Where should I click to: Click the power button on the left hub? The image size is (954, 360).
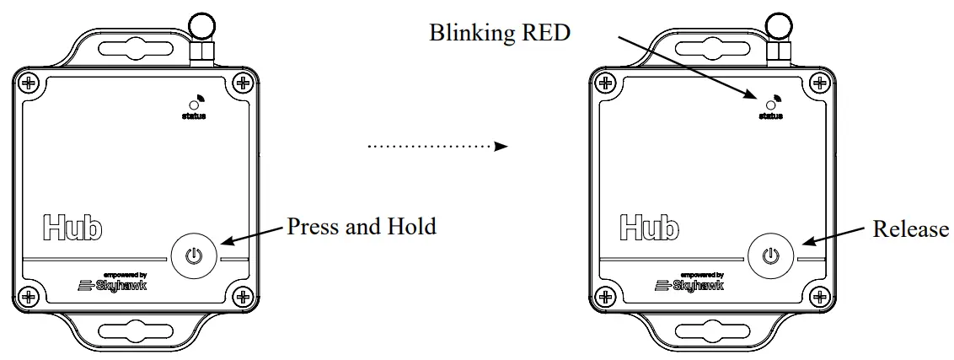pos(194,255)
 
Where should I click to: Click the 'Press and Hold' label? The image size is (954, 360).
pos(362,227)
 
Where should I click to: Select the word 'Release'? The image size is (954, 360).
pos(910,228)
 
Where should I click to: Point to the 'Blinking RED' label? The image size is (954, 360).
pos(500,33)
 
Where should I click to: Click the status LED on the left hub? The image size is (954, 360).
pos(193,105)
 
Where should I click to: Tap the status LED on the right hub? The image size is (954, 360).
pos(770,105)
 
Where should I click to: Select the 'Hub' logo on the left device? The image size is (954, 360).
pos(72,227)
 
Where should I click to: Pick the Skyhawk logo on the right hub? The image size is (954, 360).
pos(688,284)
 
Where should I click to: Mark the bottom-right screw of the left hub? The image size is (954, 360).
pos(243,296)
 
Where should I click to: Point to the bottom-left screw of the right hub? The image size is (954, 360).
pos(604,296)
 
